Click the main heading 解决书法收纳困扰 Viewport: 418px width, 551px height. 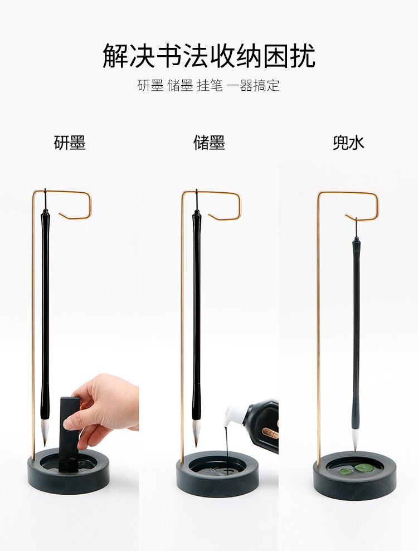click(x=209, y=56)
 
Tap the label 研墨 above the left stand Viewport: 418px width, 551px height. click(x=70, y=143)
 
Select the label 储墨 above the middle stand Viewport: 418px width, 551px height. click(x=209, y=143)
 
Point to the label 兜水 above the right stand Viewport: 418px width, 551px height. click(x=348, y=143)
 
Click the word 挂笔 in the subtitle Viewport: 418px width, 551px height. click(x=210, y=85)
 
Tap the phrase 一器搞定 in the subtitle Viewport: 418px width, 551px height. click(x=253, y=85)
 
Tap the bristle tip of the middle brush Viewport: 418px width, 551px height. click(x=196, y=432)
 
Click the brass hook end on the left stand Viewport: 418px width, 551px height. click(x=60, y=213)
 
